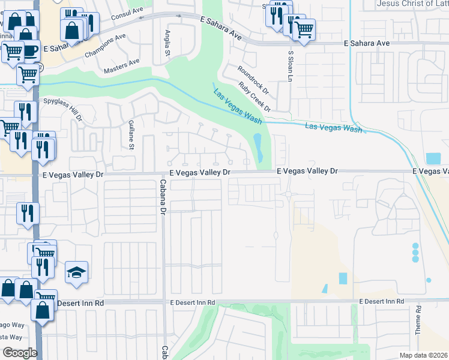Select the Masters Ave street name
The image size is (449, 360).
click(x=121, y=66)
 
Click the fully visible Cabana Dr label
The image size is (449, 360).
click(x=162, y=196)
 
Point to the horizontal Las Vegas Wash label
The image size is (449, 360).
click(x=334, y=128)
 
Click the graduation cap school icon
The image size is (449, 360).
click(x=76, y=273)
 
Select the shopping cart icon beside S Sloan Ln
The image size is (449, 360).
click(x=304, y=28)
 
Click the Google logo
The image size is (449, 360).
click(x=20, y=353)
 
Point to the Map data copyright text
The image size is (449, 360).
click(x=423, y=355)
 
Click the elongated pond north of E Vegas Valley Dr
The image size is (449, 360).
click(x=259, y=148)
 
